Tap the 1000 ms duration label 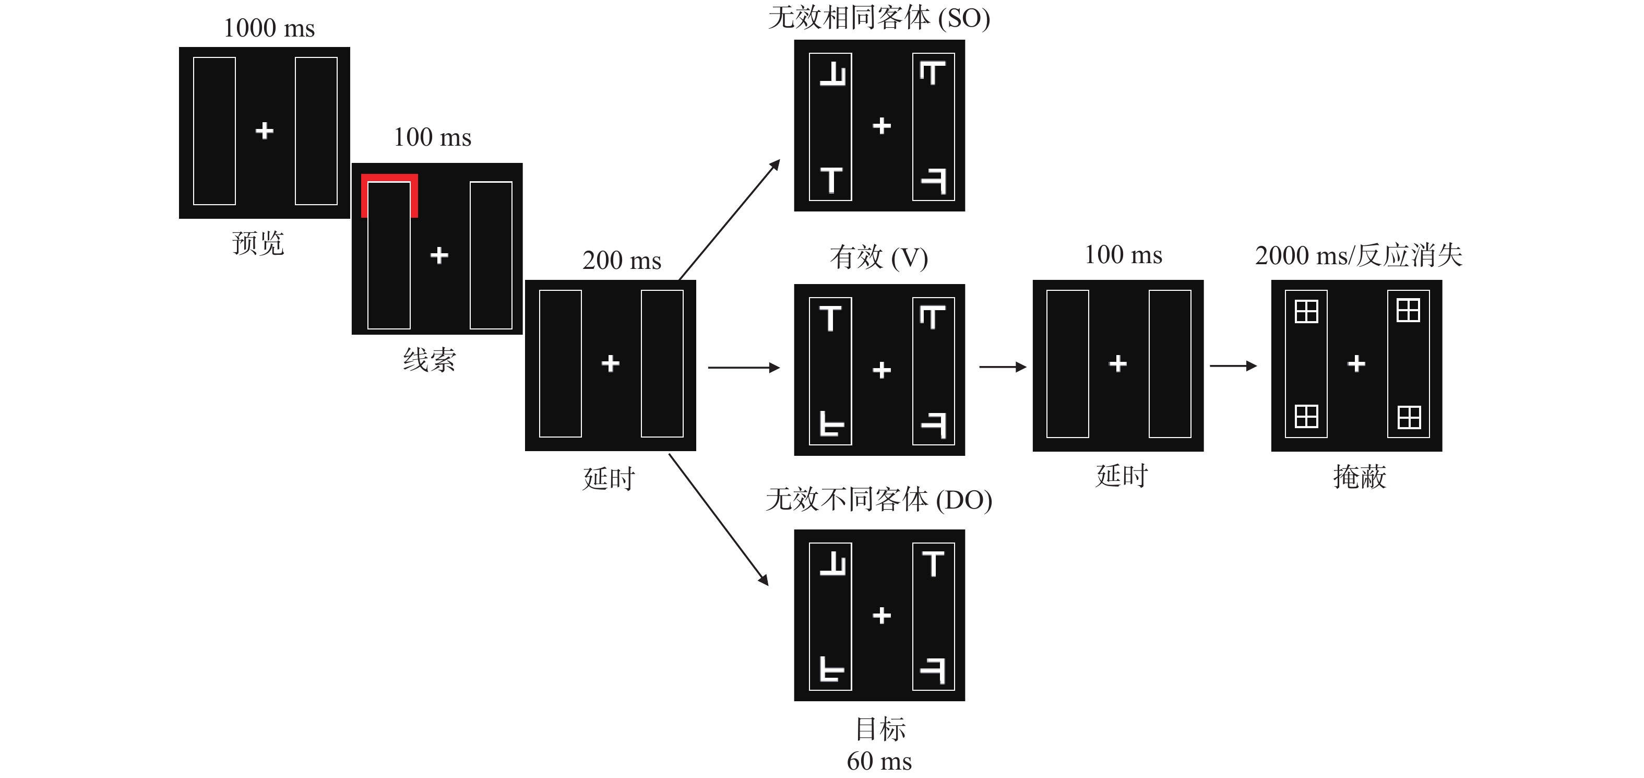tap(269, 28)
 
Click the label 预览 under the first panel tap(258, 243)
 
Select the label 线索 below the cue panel tap(430, 360)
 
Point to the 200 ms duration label tap(622, 261)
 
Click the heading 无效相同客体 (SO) tap(879, 18)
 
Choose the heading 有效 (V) tap(879, 257)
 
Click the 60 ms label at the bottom tap(879, 761)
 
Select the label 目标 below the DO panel tap(880, 729)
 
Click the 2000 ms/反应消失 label tap(1358, 255)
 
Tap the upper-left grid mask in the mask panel tap(1306, 312)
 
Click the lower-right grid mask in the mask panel tap(1409, 417)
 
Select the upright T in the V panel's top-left tap(830, 318)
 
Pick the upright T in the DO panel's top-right tap(933, 563)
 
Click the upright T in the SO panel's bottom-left tap(831, 180)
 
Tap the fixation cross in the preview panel tap(264, 131)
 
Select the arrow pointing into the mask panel tap(1233, 366)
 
